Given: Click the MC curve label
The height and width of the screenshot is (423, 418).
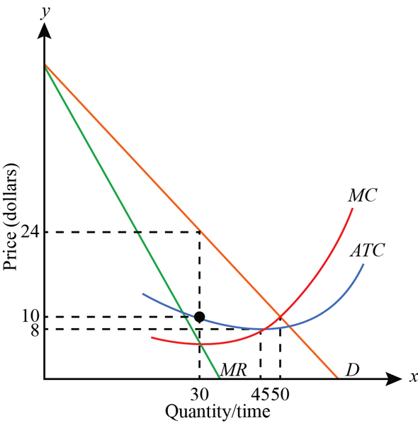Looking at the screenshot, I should [x=361, y=195].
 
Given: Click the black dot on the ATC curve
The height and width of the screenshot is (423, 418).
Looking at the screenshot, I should [x=199, y=316].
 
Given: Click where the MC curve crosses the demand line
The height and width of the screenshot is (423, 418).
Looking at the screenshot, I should [x=281, y=316].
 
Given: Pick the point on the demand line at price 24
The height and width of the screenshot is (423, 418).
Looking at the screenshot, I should [x=199, y=231].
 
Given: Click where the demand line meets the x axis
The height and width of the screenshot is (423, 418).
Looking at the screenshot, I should [x=337, y=379].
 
